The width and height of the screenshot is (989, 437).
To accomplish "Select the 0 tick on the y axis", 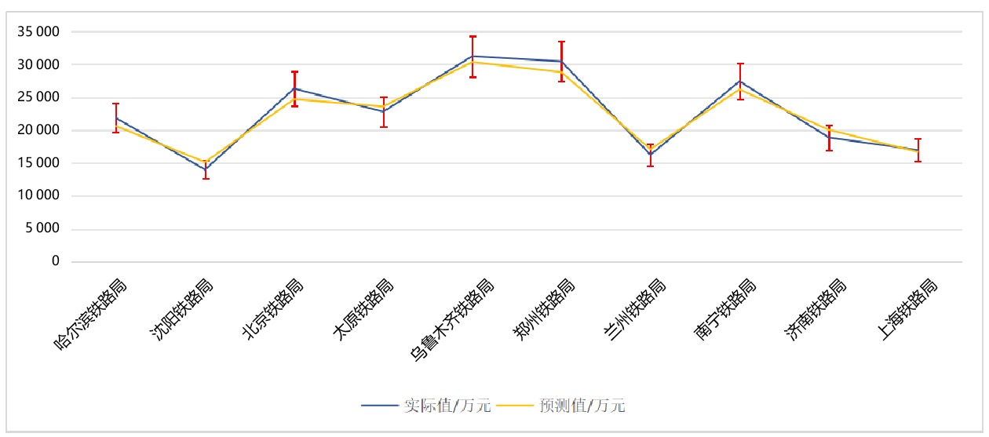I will coord(56,261).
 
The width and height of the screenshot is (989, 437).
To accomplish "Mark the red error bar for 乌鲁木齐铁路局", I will coord(473,56).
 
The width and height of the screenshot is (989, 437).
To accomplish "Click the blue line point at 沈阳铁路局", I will coord(206,169).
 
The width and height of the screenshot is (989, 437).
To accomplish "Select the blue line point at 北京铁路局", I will coord(294,89).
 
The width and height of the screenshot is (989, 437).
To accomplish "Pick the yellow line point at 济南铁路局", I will coord(829,130).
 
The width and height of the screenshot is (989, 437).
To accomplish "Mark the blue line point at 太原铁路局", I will coord(383,111).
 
